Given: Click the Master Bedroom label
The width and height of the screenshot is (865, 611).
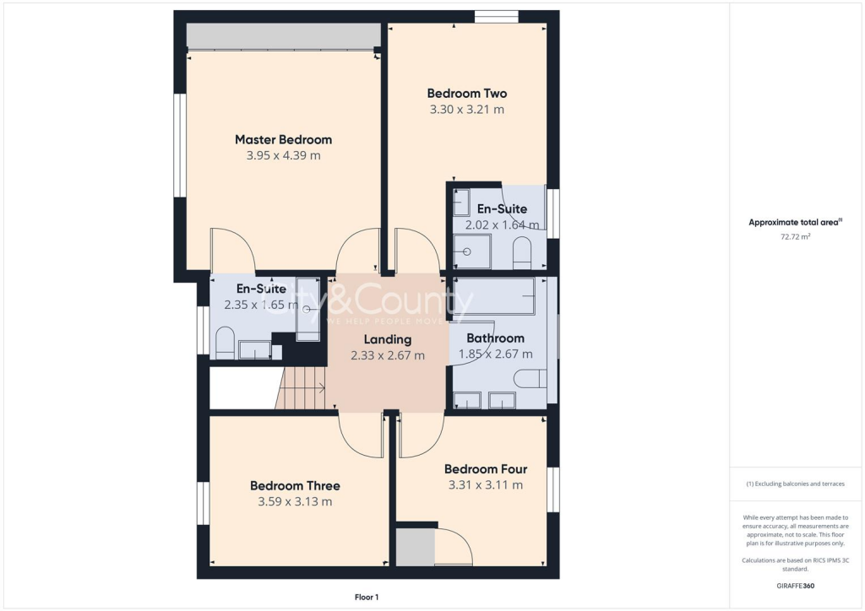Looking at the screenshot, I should pos(283,139).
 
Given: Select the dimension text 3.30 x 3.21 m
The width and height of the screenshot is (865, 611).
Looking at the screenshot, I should pos(466,110).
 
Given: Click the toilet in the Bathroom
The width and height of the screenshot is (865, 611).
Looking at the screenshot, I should pos(530,377).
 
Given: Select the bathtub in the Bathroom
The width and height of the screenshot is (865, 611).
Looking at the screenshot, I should pos(494,295).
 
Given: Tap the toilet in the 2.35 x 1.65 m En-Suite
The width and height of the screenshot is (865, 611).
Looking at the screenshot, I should pos(225,343).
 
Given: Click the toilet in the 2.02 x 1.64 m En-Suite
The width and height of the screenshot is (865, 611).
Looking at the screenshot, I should pos(522,252).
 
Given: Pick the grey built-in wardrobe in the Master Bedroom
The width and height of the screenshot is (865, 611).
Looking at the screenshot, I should pos(282,36).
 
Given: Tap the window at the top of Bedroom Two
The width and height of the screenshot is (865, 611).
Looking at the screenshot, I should pos(496,16).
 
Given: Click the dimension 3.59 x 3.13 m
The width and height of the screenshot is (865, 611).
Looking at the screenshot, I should pos(295,501).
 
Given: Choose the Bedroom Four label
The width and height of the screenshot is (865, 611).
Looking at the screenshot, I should pos(486,469).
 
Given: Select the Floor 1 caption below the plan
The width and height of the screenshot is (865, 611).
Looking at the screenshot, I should pos(367,597).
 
